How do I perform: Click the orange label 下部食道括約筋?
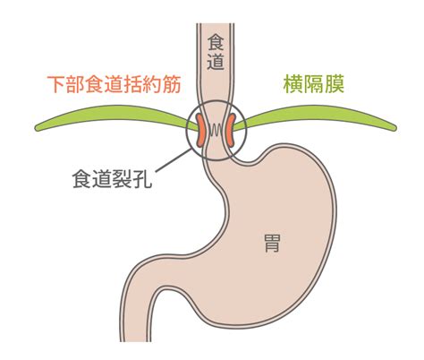coord(114,84)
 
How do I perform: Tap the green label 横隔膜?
coord(314,84)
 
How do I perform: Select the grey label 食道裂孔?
coord(113,179)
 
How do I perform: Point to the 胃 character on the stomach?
coord(272,243)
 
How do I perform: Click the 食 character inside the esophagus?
coord(216,43)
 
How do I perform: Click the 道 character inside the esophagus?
coord(216,62)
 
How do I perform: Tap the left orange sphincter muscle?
coord(200,130)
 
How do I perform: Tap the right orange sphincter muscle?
coord(230,130)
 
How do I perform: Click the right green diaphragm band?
coord(316,116)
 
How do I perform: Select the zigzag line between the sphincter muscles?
coord(216,130)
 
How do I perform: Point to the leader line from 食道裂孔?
coord(174,160)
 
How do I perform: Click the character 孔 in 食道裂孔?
coord(143,179)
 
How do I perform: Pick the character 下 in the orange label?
coord(56,84)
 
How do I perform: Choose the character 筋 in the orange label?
coord(172,84)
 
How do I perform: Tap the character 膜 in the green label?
coord(335,84)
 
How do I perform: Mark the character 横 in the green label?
coord(293,84)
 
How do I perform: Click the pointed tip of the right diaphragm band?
coord(396,128)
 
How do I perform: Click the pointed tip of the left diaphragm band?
coord(36,128)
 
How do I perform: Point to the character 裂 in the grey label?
coord(123,179)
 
